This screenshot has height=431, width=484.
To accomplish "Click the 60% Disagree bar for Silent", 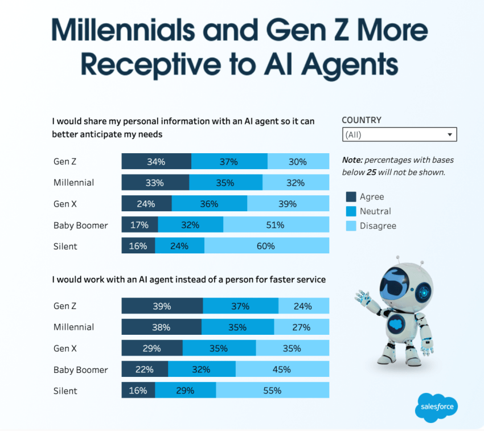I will (x=266, y=246).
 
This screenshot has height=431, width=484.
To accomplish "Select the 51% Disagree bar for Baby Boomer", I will (x=276, y=225).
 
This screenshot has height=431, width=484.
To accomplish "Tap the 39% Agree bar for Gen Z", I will (x=162, y=306).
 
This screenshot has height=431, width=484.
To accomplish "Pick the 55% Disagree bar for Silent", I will (x=272, y=391).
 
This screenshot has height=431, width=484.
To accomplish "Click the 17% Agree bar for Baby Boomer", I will (x=140, y=225).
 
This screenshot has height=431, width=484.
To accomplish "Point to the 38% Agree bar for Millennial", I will (x=162, y=327).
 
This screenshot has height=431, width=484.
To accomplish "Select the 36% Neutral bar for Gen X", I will (x=209, y=204).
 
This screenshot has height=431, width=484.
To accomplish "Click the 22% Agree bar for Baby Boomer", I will (x=145, y=370).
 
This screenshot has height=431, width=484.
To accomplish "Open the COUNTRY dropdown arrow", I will (x=450, y=135).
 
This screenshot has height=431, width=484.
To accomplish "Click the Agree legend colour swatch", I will (x=351, y=197).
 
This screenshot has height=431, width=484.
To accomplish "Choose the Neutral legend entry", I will (x=375, y=211).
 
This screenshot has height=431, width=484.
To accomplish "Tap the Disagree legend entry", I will (x=378, y=225).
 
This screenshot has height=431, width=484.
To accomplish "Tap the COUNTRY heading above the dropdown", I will (x=362, y=120).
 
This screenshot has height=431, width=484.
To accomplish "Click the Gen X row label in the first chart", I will (x=65, y=204).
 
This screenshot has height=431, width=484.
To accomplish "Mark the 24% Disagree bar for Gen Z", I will (x=303, y=306).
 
